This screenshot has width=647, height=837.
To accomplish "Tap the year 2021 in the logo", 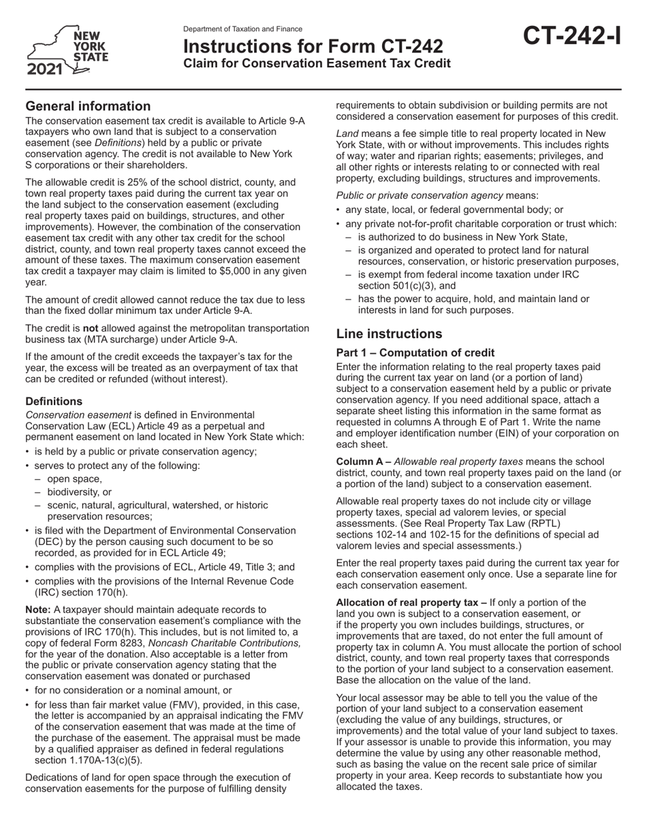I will click(46, 70).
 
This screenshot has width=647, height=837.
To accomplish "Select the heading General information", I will click(88, 106).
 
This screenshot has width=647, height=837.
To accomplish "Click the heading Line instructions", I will click(389, 334).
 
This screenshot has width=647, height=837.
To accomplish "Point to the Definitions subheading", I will click(54, 401).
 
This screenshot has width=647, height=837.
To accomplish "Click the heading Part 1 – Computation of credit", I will click(415, 353).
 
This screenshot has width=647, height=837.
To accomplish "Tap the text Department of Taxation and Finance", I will click(242, 29).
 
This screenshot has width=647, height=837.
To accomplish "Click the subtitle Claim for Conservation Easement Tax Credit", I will click(317, 63).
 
